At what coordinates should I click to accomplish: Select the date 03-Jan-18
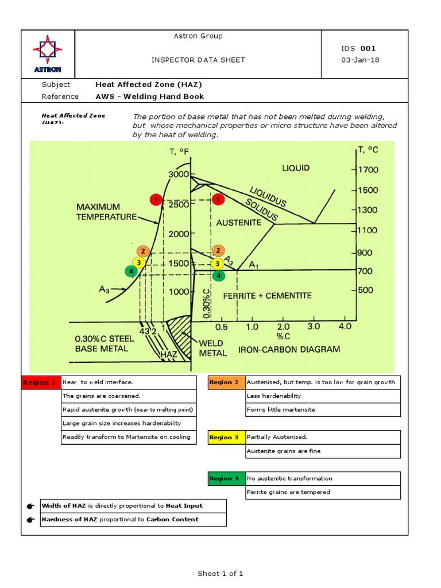click(x=360, y=60)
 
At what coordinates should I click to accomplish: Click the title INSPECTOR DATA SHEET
click(x=198, y=60)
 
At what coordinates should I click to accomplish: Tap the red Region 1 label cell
click(x=40, y=382)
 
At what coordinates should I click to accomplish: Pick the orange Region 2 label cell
click(x=226, y=382)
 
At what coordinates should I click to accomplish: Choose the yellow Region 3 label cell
click(x=226, y=438)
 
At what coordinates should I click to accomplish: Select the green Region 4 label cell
click(x=226, y=478)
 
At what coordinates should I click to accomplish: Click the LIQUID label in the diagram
click(x=296, y=168)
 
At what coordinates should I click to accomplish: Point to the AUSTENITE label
click(x=238, y=222)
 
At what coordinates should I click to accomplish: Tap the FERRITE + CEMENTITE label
click(x=267, y=296)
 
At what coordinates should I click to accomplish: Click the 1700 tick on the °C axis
click(x=367, y=170)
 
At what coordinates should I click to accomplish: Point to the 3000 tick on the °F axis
click(x=179, y=174)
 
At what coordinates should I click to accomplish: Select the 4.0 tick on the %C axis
click(x=345, y=327)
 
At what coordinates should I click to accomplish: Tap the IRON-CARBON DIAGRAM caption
click(x=289, y=349)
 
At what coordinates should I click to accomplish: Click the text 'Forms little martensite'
click(x=280, y=410)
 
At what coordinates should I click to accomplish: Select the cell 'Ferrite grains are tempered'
click(x=288, y=492)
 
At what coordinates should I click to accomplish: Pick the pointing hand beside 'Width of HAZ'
click(x=30, y=506)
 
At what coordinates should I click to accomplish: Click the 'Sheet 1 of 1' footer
click(x=220, y=573)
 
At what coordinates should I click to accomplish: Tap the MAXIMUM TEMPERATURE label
click(x=107, y=211)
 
